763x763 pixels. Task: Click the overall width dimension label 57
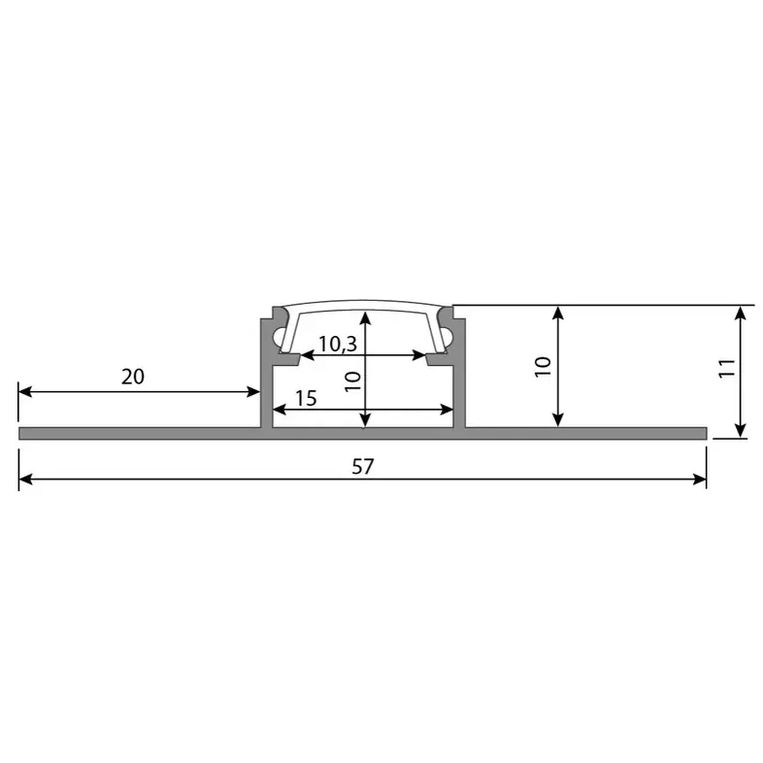(x=362, y=467)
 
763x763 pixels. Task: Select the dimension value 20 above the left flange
(x=133, y=377)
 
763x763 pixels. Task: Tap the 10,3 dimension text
(x=337, y=343)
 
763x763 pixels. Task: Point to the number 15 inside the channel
(x=306, y=398)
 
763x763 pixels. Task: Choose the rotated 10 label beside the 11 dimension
(x=543, y=366)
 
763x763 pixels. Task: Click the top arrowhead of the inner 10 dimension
(x=365, y=316)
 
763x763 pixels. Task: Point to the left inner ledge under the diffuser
(x=285, y=357)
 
